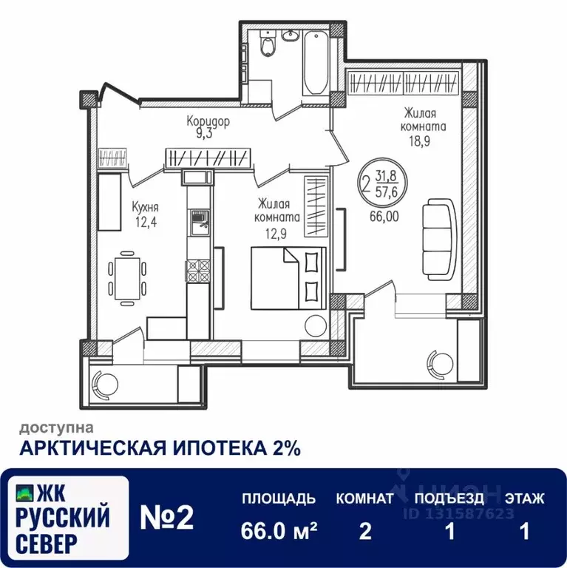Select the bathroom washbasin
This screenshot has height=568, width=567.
tap(291, 35)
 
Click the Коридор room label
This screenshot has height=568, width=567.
tap(208, 121)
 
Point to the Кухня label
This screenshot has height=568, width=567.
tap(145, 208)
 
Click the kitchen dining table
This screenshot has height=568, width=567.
tap(127, 278)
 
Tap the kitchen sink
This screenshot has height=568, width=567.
tap(198, 223)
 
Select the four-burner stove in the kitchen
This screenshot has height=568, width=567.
tap(198, 271)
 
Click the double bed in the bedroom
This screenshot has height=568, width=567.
tap(288, 278)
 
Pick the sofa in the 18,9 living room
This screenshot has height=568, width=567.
tap(439, 239)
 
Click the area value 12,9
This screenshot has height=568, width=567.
tap(276, 234)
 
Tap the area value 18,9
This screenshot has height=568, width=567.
tap(420, 141)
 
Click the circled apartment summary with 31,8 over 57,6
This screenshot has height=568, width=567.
tap(382, 183)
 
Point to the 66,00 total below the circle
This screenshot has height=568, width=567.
tap(384, 216)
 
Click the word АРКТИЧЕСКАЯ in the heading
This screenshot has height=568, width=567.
tap(92, 448)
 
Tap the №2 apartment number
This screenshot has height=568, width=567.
tap(167, 518)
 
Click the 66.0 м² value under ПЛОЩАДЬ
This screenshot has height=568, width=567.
tap(279, 531)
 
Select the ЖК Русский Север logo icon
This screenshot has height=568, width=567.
tap(25, 493)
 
